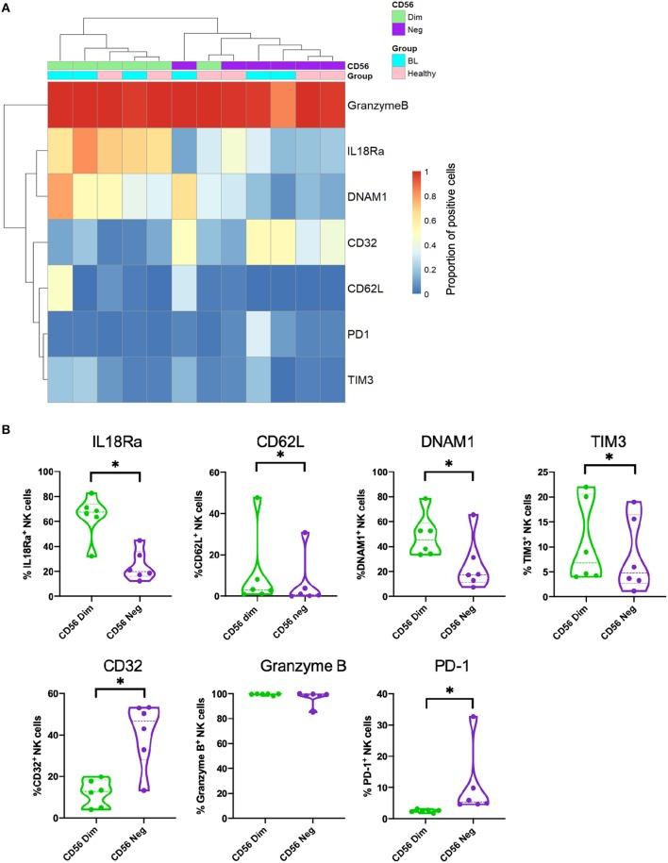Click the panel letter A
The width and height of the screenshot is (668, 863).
click(8, 9)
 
